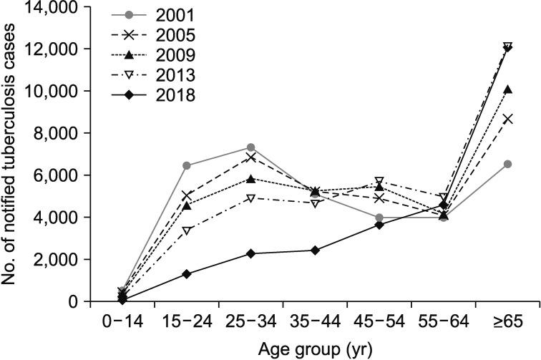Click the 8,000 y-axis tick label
[x=55, y=133]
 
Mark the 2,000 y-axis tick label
[x=55, y=259]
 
